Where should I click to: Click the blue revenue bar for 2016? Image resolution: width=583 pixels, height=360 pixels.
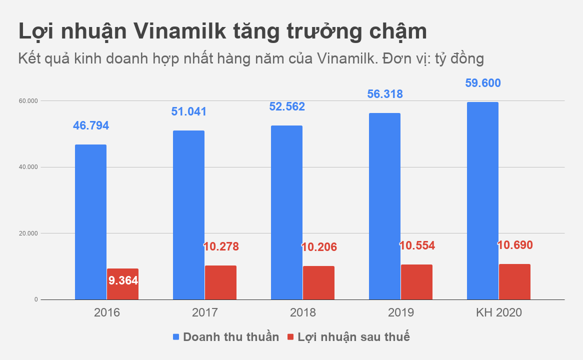[90, 222]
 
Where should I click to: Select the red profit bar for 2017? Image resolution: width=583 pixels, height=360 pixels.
[220, 282]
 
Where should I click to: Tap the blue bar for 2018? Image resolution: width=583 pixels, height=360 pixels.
[286, 212]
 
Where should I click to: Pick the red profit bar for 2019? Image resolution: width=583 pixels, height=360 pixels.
[416, 282]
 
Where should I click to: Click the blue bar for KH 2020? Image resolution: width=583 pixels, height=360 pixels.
[482, 200]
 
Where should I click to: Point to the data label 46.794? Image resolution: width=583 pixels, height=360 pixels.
[91, 125]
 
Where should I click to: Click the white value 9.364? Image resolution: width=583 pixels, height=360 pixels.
[123, 280]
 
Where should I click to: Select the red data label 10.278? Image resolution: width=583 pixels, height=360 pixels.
[220, 246]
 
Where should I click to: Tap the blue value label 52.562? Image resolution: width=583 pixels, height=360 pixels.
[287, 106]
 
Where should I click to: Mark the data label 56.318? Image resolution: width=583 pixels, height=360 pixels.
[385, 94]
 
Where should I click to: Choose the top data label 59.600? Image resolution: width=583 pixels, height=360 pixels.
[483, 83]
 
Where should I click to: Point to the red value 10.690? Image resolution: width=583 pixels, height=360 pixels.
[515, 245]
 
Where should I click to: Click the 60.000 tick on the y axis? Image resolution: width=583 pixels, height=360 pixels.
[29, 101]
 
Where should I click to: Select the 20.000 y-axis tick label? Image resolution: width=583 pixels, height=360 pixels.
[29, 233]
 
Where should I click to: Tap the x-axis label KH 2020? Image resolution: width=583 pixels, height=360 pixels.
[498, 313]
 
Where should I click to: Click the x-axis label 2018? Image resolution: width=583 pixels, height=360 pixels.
[302, 313]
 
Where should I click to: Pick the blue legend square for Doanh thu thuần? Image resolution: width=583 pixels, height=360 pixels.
[176, 337]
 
